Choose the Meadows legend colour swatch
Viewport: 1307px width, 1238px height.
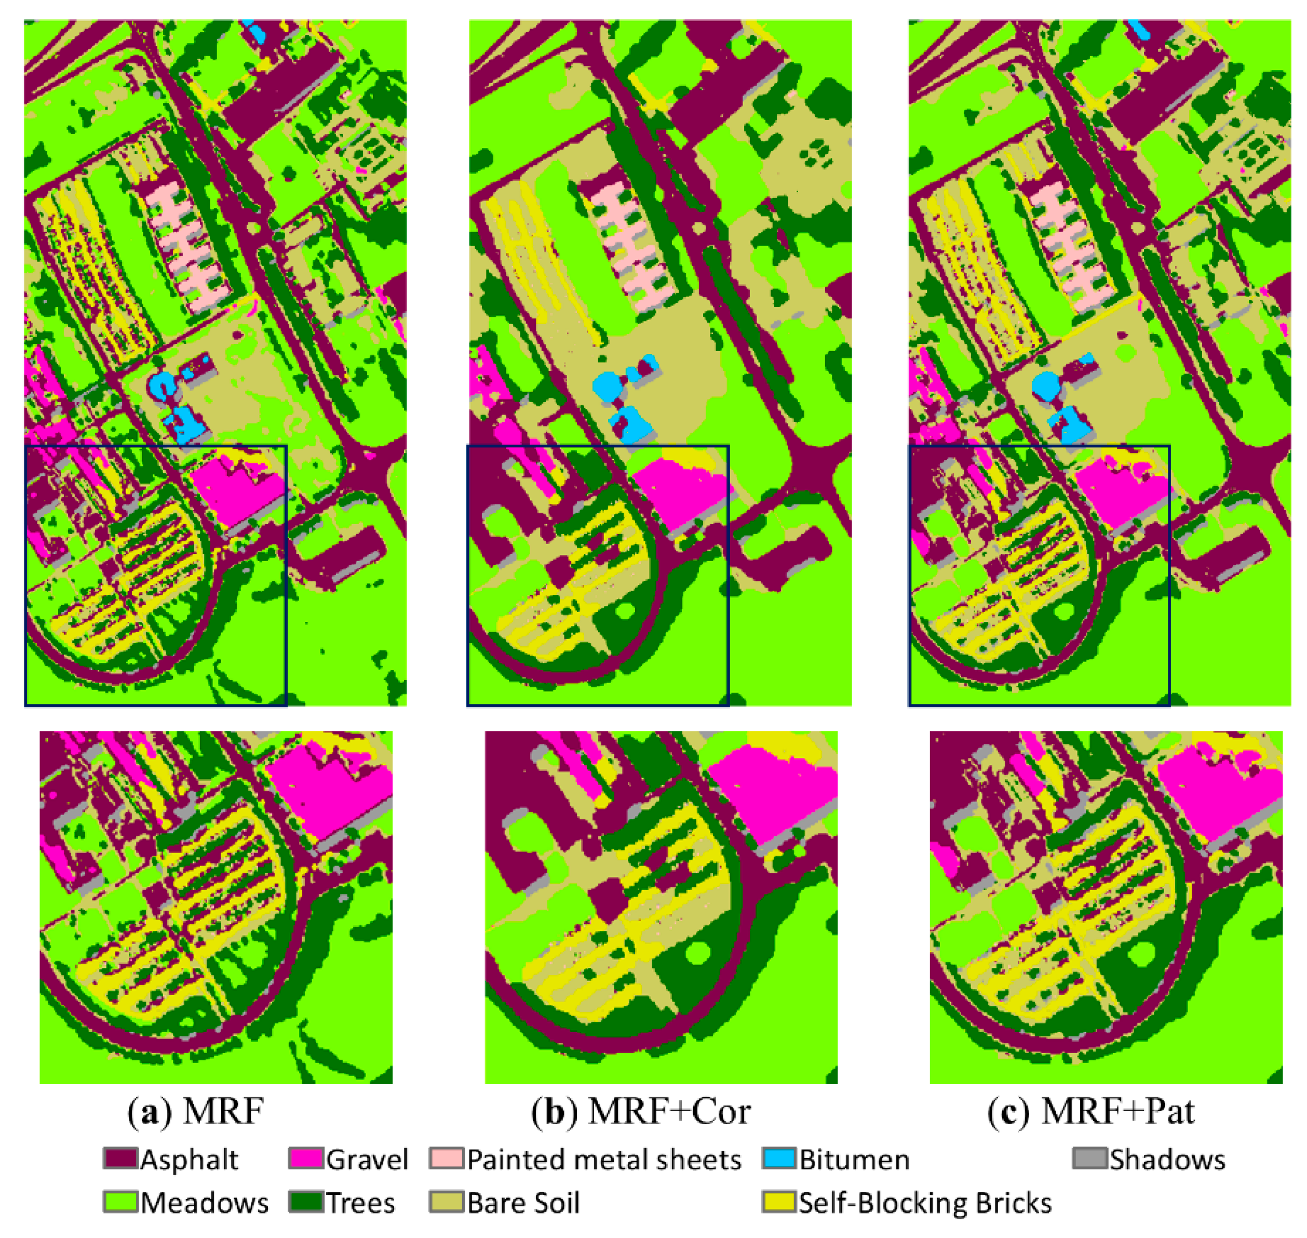coord(120,1202)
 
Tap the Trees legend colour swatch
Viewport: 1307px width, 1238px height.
coord(305,1202)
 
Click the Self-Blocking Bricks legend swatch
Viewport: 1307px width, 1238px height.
coord(779,1202)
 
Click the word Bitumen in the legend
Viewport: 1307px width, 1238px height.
coord(855,1160)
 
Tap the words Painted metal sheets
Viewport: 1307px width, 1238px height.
coord(604,1160)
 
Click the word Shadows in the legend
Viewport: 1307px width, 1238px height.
coord(1167,1160)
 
